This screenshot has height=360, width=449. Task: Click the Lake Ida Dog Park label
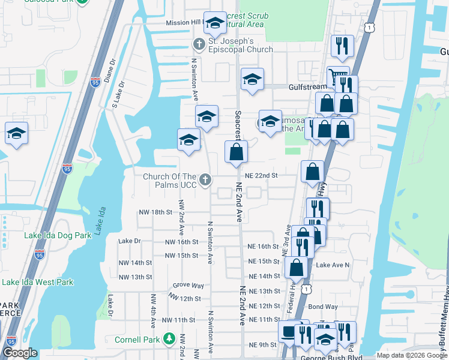[58, 235]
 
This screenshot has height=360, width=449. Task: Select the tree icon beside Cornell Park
[170, 340]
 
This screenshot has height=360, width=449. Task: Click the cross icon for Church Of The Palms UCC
[205, 179]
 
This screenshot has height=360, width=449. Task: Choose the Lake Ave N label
[333, 265]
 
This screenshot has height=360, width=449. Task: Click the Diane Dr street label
[110, 71]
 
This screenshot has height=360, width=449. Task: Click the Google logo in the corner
[20, 353]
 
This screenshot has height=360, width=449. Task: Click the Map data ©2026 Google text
[412, 355]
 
